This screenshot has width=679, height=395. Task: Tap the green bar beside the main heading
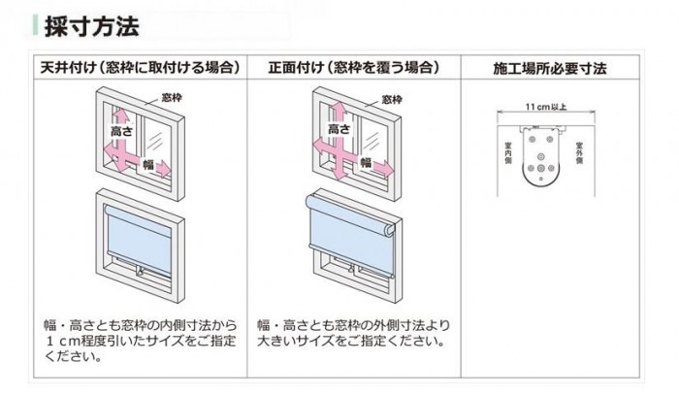click(35, 25)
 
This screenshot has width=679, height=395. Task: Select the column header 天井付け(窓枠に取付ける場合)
click(140, 68)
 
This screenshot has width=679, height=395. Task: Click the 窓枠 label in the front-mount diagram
click(392, 98)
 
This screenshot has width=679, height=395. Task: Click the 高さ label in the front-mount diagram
click(339, 127)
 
